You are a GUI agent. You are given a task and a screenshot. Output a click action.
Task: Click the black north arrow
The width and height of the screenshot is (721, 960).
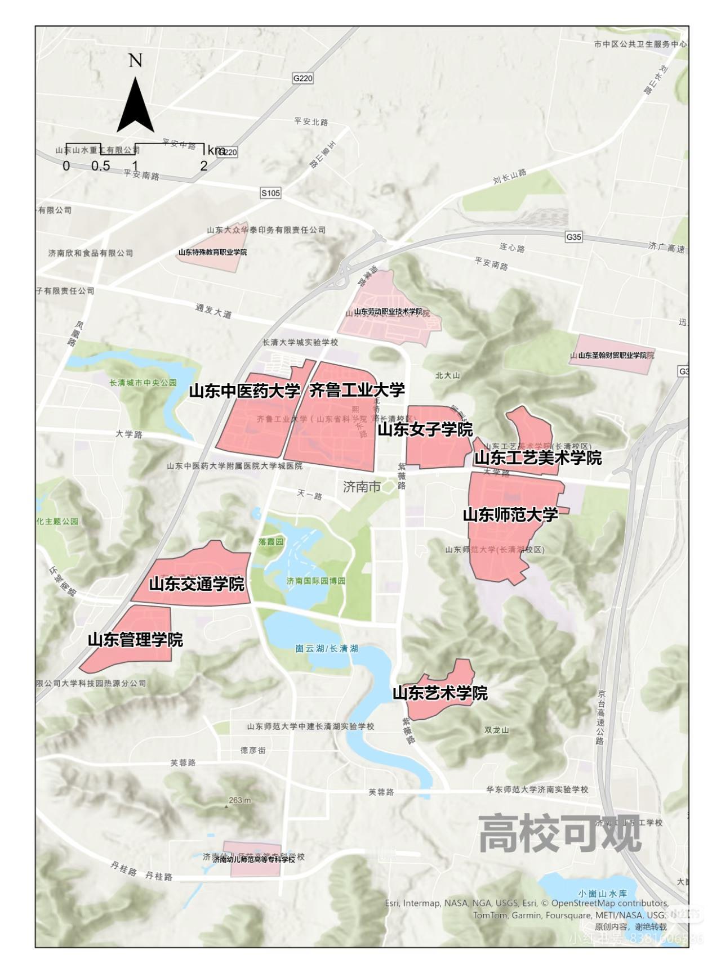point(135,107)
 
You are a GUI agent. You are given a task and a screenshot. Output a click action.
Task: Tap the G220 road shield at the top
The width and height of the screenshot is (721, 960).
point(302,78)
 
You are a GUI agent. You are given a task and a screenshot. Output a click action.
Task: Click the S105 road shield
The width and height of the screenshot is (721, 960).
point(270,193)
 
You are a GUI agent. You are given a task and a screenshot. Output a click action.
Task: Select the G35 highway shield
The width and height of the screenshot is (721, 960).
point(573,237)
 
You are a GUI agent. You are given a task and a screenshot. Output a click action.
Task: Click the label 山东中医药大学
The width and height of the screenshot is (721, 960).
point(244,391)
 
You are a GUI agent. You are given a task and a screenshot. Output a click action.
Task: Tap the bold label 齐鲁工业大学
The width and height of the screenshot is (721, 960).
point(357,390)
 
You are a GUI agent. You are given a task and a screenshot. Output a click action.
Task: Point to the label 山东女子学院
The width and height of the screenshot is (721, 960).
point(425,430)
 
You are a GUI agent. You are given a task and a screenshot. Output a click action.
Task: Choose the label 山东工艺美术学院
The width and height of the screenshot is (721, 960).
point(538,458)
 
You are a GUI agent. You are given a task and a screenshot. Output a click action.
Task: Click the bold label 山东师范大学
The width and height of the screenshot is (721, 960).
point(510,514)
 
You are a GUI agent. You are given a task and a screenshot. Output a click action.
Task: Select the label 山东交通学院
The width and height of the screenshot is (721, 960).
point(197,584)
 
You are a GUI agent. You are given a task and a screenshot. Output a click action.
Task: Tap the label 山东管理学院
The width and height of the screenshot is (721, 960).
point(135,640)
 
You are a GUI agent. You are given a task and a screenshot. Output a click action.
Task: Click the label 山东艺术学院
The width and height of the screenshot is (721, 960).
point(440,693)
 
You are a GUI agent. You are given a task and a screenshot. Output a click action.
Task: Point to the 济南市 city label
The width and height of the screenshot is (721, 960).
point(362,487)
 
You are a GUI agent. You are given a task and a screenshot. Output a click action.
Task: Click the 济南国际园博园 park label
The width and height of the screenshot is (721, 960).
point(315,581)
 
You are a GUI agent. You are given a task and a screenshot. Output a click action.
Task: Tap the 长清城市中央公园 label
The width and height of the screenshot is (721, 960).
point(143,383)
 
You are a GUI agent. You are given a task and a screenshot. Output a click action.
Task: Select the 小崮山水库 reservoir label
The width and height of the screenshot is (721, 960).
point(602,893)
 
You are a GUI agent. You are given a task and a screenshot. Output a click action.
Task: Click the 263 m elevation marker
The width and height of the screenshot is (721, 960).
point(239,800)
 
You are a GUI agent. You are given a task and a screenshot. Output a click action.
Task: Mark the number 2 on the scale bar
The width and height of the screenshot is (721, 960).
point(204,166)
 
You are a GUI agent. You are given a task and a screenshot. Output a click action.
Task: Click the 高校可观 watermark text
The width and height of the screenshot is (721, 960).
point(560,833)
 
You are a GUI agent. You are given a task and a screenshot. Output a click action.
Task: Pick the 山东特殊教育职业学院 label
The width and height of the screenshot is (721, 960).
point(212,252)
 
